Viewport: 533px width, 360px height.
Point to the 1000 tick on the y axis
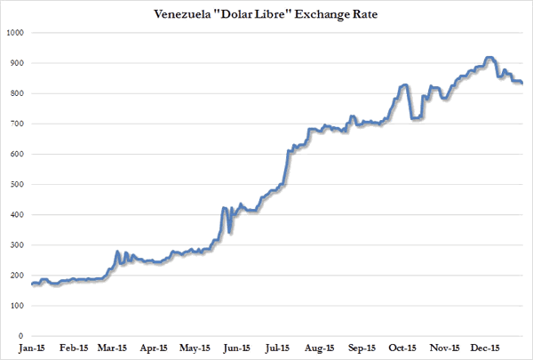[14, 33]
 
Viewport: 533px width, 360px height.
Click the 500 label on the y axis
[16, 185]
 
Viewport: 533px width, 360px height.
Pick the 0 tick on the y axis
[20, 336]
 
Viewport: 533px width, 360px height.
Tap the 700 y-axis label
[16, 124]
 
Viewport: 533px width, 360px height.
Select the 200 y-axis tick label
[16, 276]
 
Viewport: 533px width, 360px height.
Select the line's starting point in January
[32, 284]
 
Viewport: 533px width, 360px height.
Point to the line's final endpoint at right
[521, 83]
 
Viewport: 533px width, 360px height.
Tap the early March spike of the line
[118, 252]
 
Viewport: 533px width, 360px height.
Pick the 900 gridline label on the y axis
[16, 63]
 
